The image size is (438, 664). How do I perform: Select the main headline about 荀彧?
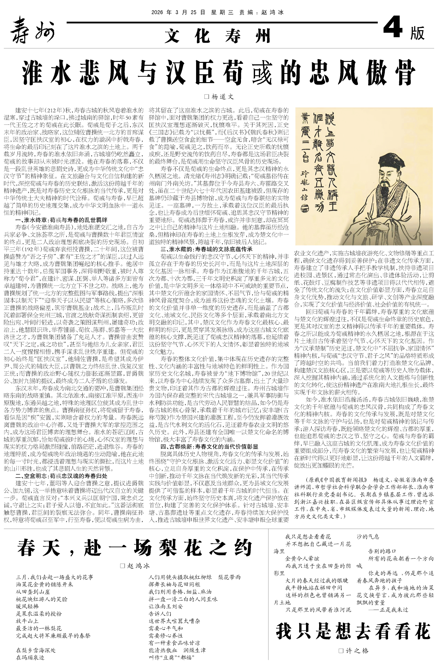click(x=219, y=73)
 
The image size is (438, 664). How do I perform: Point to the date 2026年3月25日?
click(x=178, y=13)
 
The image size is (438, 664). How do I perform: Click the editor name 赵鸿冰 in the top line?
click(x=273, y=13)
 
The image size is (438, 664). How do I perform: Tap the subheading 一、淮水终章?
click(x=61, y=220)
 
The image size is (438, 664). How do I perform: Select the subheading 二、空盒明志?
click(x=61, y=476)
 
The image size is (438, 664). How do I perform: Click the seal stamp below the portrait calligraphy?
click(x=305, y=209)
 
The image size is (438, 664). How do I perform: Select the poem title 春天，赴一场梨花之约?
click(x=135, y=548)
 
